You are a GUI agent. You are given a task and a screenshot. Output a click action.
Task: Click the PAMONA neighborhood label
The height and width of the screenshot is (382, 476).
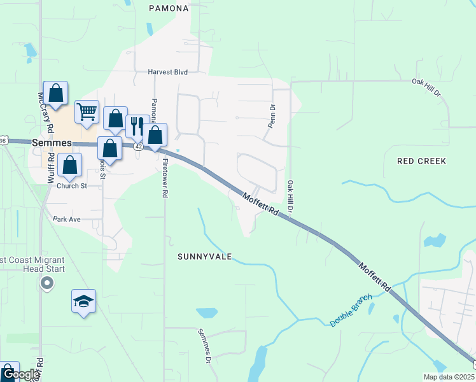[x=169, y=8]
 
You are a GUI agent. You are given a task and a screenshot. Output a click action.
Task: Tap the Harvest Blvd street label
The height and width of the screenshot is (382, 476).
[x=169, y=73]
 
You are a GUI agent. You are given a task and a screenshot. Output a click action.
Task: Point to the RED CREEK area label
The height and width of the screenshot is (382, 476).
[x=421, y=161]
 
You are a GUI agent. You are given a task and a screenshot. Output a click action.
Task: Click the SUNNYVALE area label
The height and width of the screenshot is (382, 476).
[x=204, y=257]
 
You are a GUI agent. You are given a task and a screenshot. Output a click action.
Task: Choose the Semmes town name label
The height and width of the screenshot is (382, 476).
[x=52, y=143]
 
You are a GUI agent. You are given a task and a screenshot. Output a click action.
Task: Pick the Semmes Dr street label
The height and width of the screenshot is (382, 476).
[x=204, y=346]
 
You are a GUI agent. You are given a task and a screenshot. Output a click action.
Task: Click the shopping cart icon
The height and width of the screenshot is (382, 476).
[x=87, y=111]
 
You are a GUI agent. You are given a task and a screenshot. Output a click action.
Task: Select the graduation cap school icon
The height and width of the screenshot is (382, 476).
[x=83, y=301]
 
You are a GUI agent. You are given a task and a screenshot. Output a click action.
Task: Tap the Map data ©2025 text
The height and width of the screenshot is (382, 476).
[x=448, y=377]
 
